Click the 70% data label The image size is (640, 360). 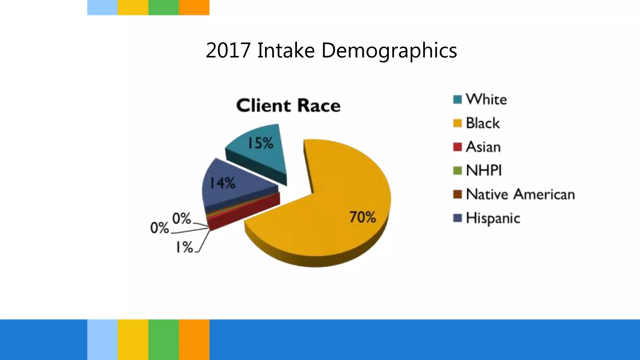(x=362, y=217)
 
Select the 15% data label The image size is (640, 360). (x=260, y=143)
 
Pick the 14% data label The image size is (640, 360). (x=222, y=183)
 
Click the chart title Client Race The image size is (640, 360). (x=288, y=106)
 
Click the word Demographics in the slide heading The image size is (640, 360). (x=389, y=50)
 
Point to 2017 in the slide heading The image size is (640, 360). (x=228, y=50)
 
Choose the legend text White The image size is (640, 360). (x=486, y=100)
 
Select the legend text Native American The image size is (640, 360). (x=520, y=194)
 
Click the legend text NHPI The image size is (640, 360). (x=484, y=171)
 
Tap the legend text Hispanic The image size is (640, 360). (x=493, y=218)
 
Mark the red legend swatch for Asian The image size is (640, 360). (x=457, y=147)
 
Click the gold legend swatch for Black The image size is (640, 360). (x=457, y=123)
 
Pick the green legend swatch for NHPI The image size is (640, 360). (x=457, y=171)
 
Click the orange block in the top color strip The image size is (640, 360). (x=194, y=7)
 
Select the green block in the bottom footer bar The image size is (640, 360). (x=163, y=339)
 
